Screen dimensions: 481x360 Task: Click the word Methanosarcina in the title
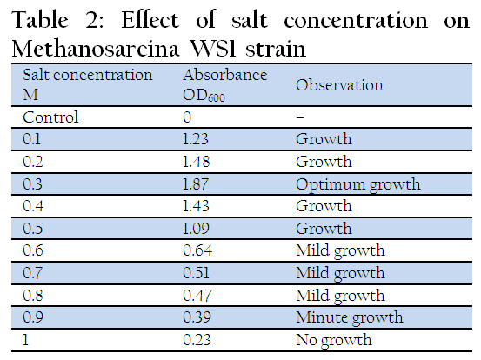96,49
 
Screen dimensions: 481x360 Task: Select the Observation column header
339,85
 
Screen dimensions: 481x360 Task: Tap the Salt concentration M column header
88,84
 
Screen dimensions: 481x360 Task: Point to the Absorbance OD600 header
225,85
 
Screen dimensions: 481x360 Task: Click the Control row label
50,117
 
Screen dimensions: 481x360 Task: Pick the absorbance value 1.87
196,184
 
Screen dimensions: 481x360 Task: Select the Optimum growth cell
358,185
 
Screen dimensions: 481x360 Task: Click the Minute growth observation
350,318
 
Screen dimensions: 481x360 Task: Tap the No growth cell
334,340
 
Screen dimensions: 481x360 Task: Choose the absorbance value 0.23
197,340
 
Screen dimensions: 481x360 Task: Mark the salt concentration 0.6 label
32,250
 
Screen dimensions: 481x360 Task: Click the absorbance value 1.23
196,139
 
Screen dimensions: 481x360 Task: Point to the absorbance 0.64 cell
197,250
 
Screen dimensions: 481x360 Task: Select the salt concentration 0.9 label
33,317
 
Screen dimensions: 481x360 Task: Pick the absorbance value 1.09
196,229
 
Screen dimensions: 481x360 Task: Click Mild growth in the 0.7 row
340,274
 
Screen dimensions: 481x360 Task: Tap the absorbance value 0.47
197,296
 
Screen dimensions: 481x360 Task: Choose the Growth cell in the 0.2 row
324,162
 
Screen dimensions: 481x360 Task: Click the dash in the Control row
300,117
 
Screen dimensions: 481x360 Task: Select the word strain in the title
276,49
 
